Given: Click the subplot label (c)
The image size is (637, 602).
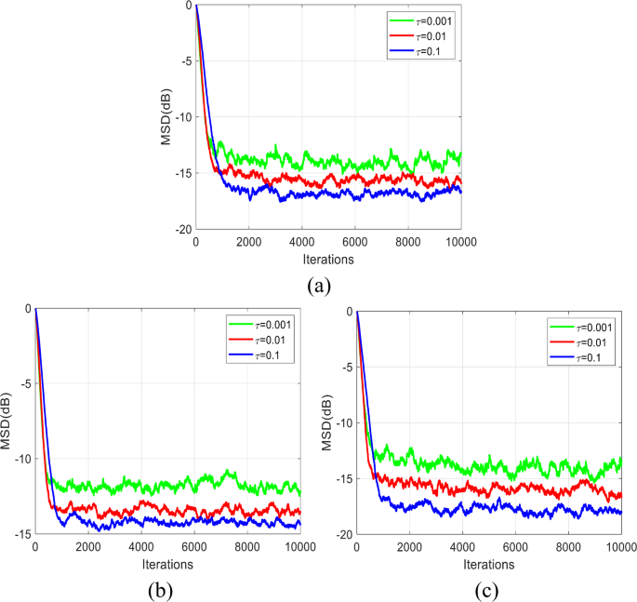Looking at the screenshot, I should coord(487,589).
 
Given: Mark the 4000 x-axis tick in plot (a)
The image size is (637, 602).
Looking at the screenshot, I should coord(302,242).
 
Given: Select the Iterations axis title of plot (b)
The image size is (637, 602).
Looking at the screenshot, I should coord(168,563).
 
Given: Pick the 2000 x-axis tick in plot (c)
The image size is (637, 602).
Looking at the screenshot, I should coord(409,548).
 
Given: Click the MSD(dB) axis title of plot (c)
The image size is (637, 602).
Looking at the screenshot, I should coord(326,423).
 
